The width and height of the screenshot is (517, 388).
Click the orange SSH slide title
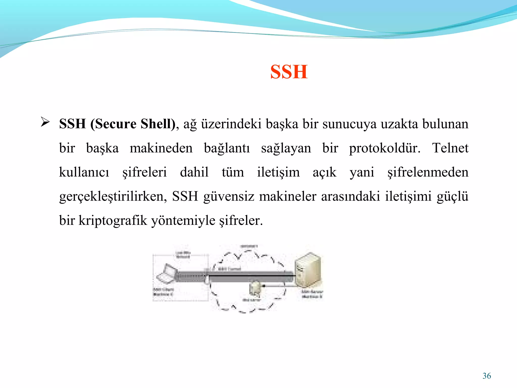tap(289, 72)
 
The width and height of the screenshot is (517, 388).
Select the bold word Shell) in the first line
tap(158, 124)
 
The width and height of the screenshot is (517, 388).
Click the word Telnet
tap(450, 148)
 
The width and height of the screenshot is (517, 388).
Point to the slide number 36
tap(486, 376)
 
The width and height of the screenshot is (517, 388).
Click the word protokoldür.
tap(384, 149)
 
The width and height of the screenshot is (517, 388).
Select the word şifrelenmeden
tap(428, 173)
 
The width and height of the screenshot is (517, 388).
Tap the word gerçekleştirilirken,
tap(113, 197)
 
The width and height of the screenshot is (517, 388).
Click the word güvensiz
tap(228, 197)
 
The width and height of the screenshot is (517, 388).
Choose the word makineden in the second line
tap(161, 148)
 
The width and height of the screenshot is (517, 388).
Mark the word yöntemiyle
tap(183, 221)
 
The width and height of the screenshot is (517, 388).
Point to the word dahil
tap(194, 172)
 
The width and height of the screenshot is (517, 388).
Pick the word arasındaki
tap(350, 197)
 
